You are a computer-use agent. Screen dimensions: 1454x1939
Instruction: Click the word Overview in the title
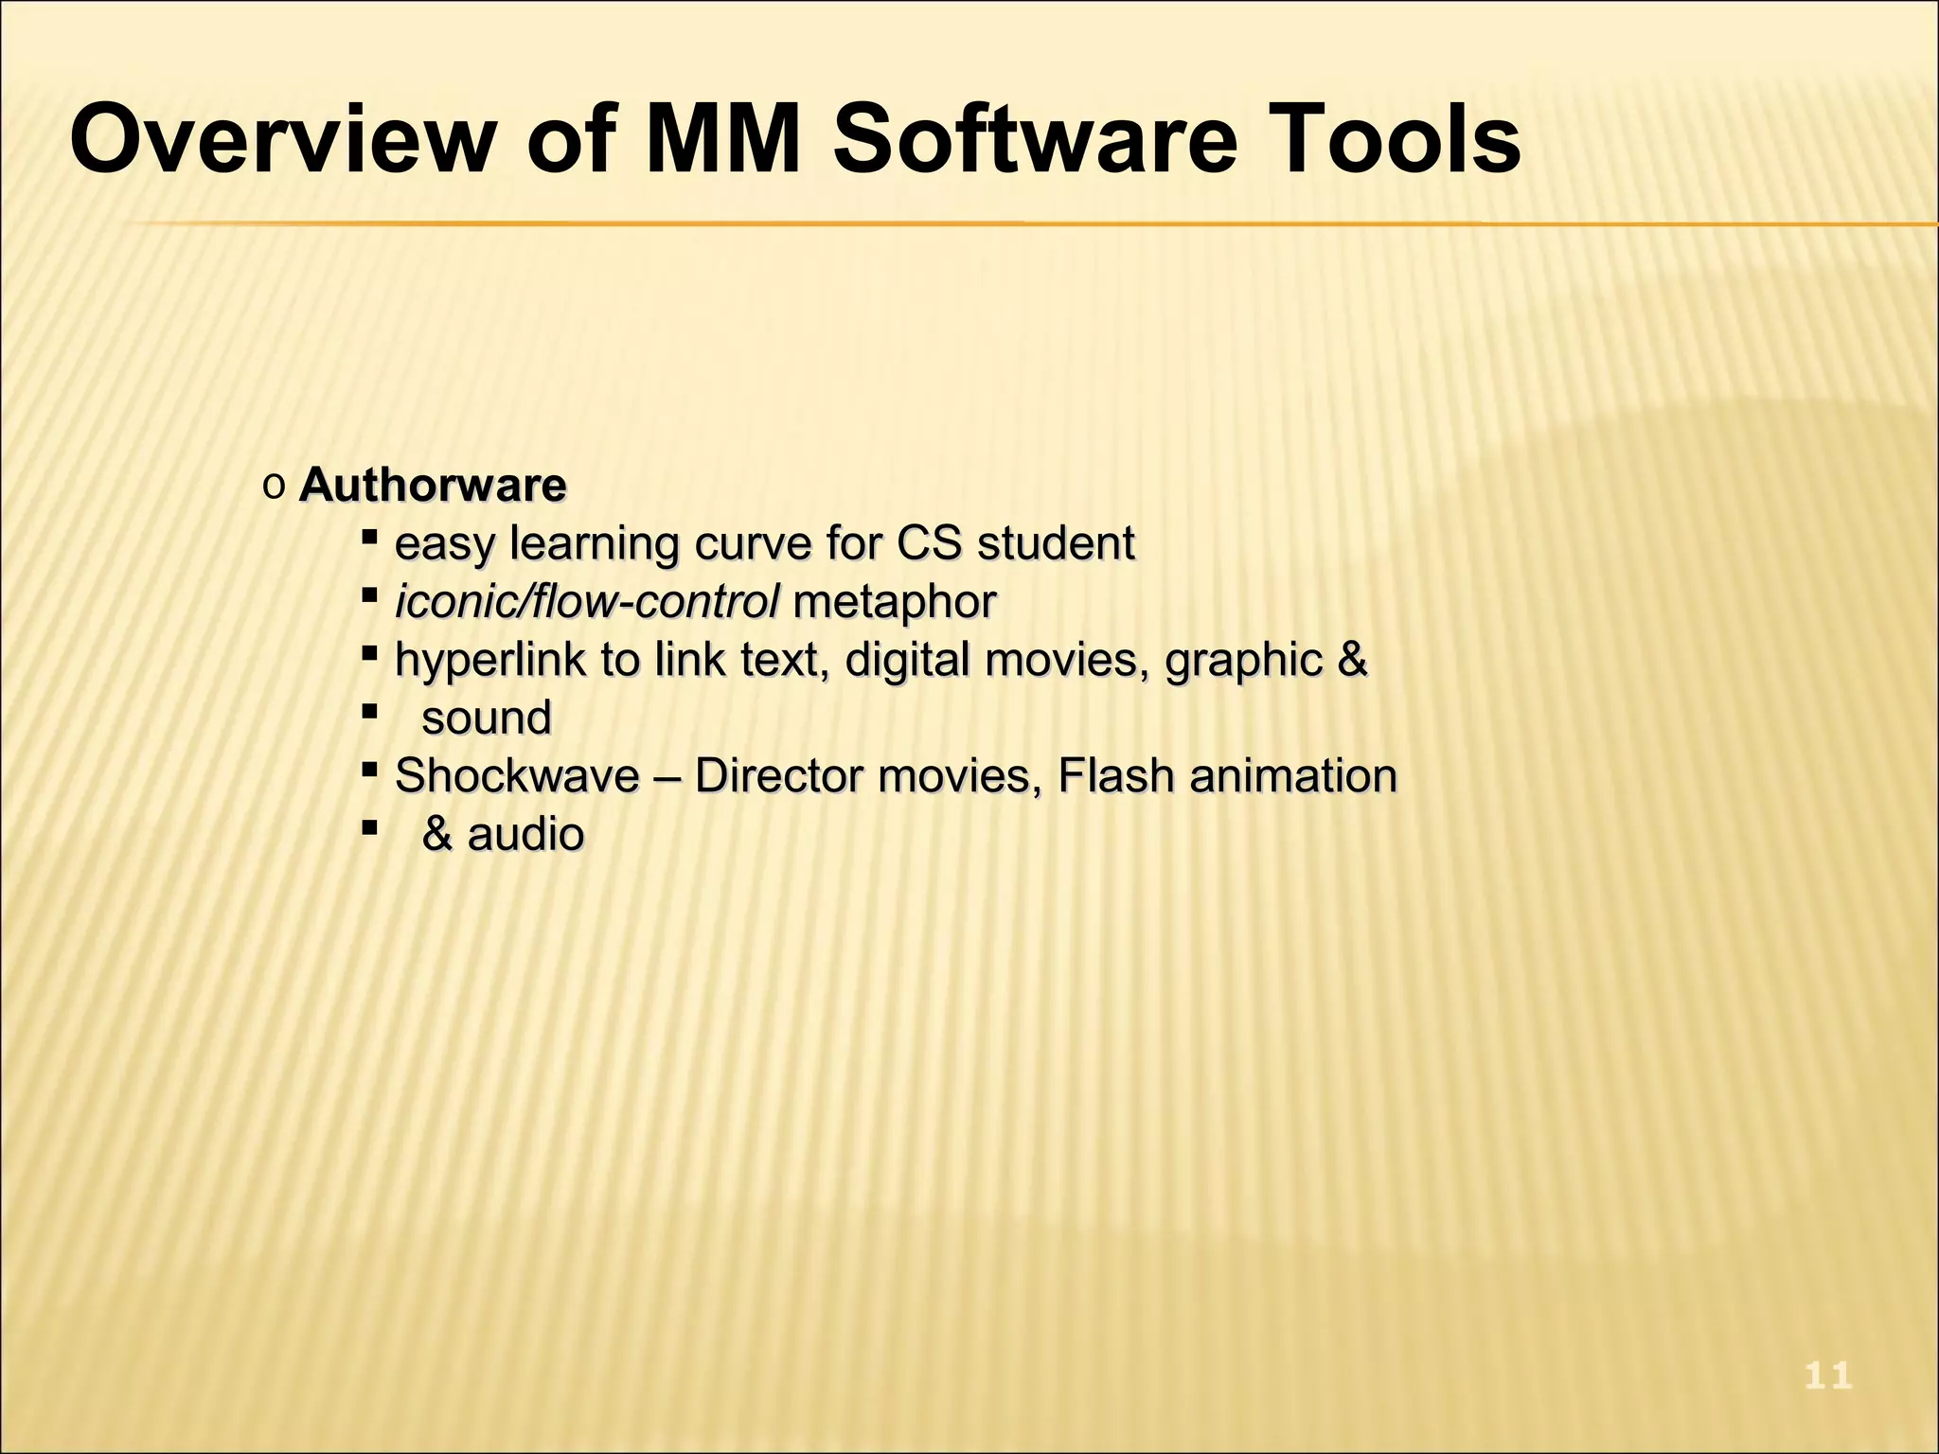[281, 142]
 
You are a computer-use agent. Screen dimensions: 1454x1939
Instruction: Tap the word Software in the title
[1034, 142]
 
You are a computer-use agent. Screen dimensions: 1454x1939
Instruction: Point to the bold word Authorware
[433, 486]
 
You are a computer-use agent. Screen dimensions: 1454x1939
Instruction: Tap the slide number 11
[1827, 1375]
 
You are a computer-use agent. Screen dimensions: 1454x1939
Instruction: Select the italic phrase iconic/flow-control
[587, 601]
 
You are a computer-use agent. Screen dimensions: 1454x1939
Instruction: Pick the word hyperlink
[489, 660]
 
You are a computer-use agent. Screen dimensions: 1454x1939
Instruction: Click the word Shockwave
[517, 776]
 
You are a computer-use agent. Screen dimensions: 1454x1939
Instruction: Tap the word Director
[778, 776]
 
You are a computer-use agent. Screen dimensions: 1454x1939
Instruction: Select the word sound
[487, 718]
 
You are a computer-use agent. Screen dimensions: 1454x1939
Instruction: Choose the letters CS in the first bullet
[929, 543]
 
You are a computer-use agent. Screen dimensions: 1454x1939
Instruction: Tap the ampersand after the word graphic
[1352, 660]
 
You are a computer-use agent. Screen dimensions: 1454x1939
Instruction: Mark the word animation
[1292, 776]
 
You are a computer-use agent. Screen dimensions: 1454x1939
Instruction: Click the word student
[1056, 543]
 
